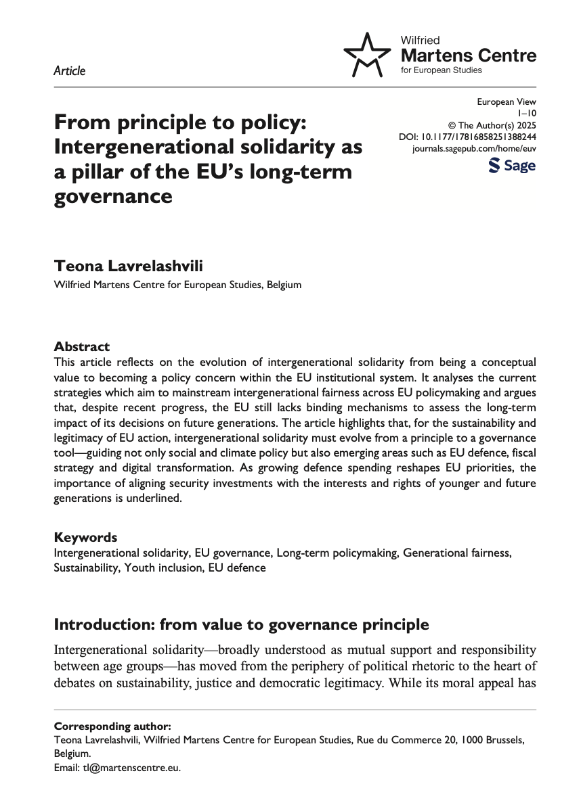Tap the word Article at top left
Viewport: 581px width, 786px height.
69,70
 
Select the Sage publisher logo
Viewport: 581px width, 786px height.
512,166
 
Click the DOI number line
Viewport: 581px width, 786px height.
467,137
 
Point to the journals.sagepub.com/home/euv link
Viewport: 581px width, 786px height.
474,148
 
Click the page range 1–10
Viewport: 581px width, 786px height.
526,114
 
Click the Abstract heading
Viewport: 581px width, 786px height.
81,346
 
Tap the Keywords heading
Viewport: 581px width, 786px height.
85,538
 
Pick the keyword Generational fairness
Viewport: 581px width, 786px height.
457,553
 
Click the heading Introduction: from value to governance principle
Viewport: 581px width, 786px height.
240,624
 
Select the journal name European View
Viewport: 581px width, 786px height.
506,102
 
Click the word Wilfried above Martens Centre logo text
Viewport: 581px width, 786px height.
421,41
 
